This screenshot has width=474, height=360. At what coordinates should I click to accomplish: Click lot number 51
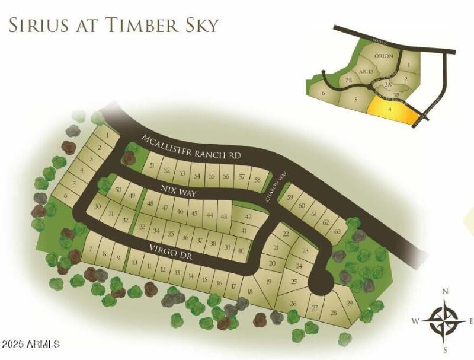point(153,165)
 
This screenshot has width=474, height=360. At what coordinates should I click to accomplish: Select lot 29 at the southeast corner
point(350,304)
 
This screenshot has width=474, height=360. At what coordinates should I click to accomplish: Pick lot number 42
point(248,218)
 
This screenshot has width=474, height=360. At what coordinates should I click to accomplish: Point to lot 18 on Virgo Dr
point(249,292)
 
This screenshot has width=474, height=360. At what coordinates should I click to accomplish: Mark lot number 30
point(98,206)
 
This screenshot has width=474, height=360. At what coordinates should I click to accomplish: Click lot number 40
point(241,251)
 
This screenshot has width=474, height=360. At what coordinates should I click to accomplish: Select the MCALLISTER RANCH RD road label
point(192,147)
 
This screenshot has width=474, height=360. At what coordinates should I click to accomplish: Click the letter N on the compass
point(446,291)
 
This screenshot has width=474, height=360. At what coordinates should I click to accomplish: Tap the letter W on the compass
point(416,321)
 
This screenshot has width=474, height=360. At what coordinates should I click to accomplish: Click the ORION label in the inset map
point(385,56)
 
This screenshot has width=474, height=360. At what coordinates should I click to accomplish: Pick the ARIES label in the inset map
point(367,71)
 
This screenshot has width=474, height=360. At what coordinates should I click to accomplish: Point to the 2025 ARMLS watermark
point(31,344)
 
